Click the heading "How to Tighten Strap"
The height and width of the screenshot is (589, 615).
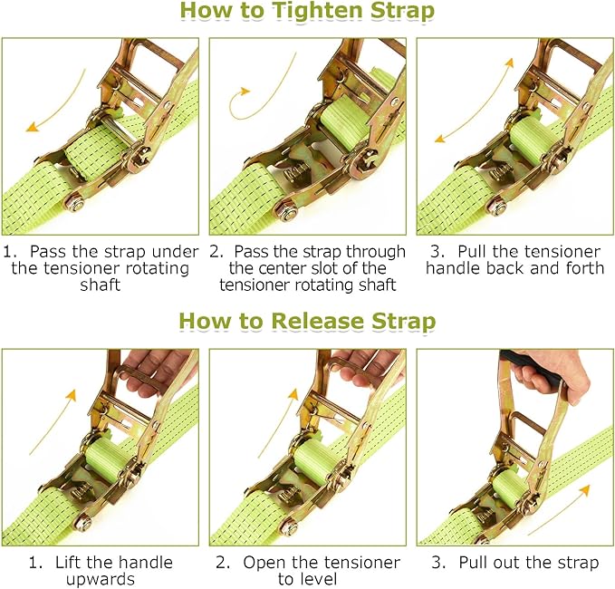(x=307, y=13)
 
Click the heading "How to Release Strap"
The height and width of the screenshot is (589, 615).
(x=307, y=322)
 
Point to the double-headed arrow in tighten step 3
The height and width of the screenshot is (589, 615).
(x=472, y=101)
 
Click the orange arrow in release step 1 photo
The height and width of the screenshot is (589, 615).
(x=52, y=420)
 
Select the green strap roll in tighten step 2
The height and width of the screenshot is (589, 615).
(x=340, y=127)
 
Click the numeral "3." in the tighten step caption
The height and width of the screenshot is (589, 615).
(x=437, y=251)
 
